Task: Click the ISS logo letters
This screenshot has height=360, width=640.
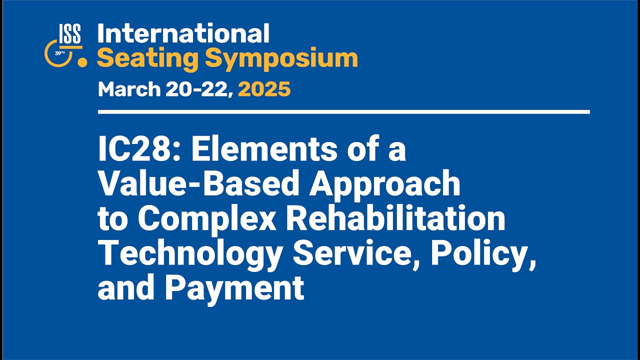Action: [69, 34]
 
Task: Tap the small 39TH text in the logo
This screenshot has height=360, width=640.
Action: [59, 52]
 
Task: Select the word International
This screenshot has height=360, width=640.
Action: [183, 34]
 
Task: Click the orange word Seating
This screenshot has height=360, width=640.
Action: [147, 58]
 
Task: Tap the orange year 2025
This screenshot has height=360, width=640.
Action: [264, 89]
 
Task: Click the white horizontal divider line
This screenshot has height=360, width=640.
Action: [343, 112]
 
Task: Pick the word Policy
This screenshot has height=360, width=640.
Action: [482, 253]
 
